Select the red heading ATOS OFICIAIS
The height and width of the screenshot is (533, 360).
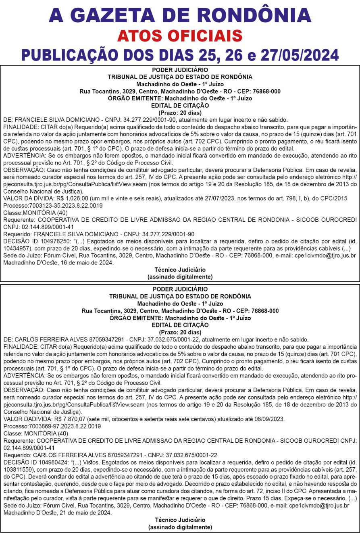click(x=180, y=36)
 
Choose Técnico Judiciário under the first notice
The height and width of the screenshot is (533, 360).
click(x=180, y=269)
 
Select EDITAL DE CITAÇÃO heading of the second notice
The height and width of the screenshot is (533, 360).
click(x=180, y=325)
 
